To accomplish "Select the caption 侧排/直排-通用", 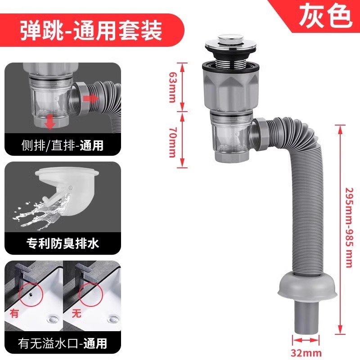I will pos(62,146).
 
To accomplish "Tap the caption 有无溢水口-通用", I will pos(62,344).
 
